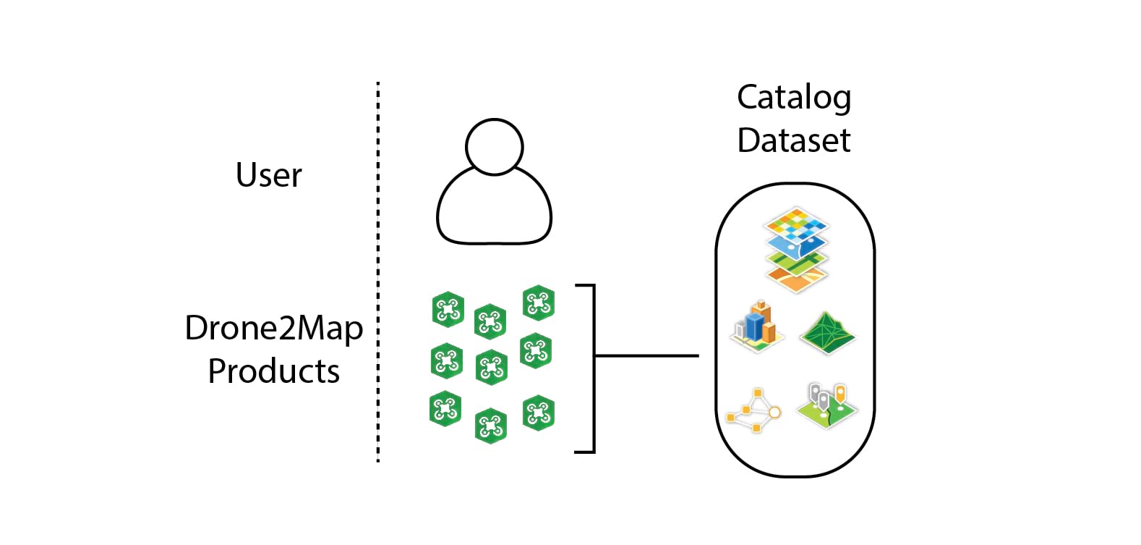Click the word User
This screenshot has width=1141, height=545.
click(268, 175)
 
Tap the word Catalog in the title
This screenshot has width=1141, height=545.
click(793, 98)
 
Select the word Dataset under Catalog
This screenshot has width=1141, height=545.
click(793, 140)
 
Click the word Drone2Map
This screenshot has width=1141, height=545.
click(273, 328)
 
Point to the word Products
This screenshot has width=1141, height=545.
click(273, 371)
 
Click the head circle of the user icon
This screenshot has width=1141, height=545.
click(494, 147)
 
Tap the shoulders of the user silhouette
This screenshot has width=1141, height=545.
click(494, 210)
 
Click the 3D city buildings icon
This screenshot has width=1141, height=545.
click(756, 326)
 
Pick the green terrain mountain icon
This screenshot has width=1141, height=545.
click(828, 332)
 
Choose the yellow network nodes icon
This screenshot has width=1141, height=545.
click(753, 410)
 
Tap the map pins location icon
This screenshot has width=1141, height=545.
click(827, 405)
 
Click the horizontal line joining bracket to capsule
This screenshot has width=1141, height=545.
click(646, 355)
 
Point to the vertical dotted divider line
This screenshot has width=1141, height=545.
click(377, 271)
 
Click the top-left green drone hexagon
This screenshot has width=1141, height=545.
click(448, 310)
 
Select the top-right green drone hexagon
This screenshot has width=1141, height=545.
click(539, 303)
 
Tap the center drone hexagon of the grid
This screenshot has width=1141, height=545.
click(491, 366)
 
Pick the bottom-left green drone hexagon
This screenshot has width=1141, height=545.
click(445, 409)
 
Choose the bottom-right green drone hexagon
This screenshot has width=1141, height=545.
click(539, 413)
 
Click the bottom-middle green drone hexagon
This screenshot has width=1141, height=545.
click(490, 426)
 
